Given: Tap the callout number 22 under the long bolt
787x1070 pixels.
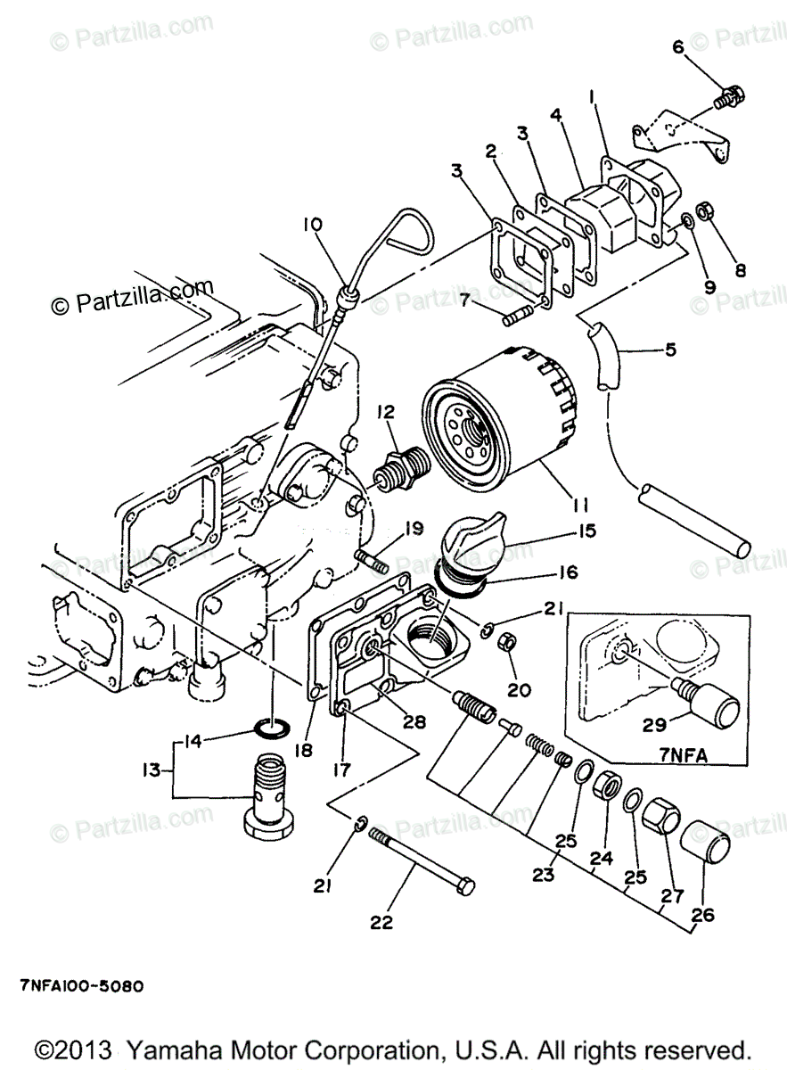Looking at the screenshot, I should coord(381,922).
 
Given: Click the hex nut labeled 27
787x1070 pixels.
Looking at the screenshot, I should coord(660,812).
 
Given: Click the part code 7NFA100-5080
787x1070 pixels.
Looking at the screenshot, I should coord(81,987).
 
